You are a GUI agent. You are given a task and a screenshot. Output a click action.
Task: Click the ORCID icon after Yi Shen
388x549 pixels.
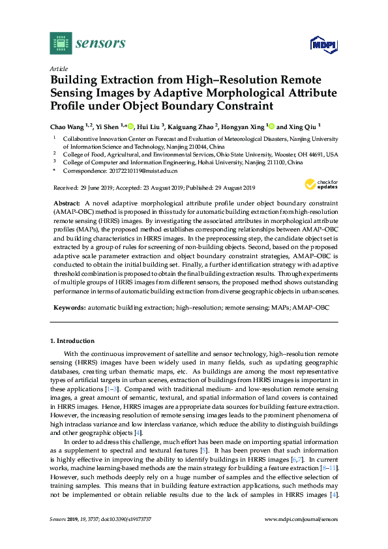pos(130,126)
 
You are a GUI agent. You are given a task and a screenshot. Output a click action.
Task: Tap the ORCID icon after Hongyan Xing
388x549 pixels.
pos(272,126)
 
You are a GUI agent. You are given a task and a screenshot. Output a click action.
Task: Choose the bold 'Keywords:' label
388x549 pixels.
pos(68,306)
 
